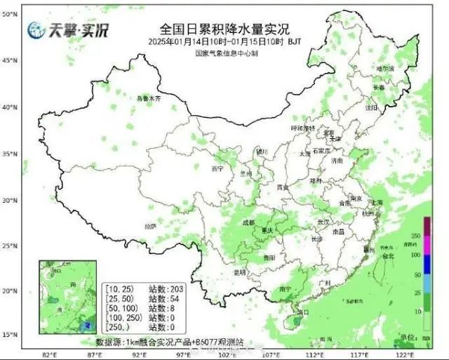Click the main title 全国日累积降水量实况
point(224,29)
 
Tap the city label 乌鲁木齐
point(148,99)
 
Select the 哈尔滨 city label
point(385,69)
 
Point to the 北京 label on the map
point(328,132)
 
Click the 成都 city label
point(248,222)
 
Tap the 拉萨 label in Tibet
point(150,226)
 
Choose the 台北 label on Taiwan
point(387,257)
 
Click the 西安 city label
point(283,187)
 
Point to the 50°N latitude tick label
point(9,14)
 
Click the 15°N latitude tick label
point(9,335)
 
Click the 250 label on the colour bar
point(435,236)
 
